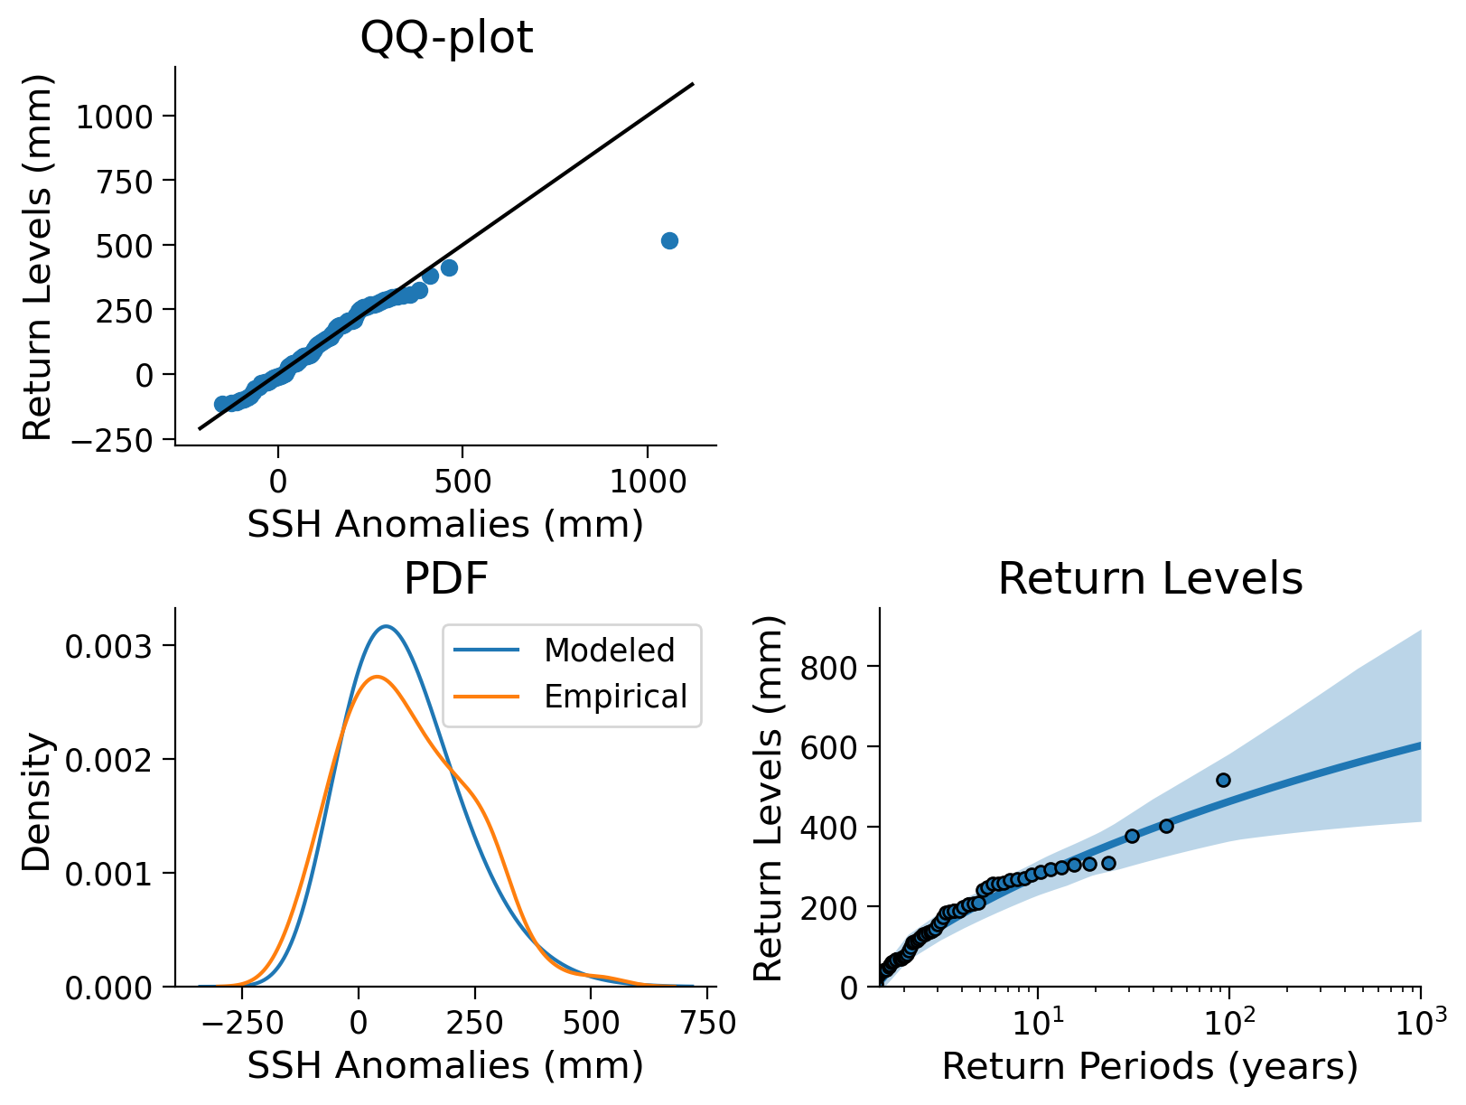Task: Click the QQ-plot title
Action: (446, 37)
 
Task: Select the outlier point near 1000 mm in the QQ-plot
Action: (669, 240)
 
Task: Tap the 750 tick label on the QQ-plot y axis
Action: (125, 182)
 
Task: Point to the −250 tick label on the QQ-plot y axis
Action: (112, 441)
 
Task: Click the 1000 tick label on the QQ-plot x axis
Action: (648, 482)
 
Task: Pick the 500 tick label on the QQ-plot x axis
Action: (462, 482)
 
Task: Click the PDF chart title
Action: (446, 578)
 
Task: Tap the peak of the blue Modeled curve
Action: (386, 627)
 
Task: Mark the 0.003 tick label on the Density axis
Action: (109, 647)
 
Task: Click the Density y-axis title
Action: (36, 802)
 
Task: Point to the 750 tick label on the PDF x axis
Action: (707, 1024)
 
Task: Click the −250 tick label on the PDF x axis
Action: (242, 1024)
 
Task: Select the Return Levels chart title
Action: (1150, 578)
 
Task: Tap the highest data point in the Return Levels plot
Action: (1223, 781)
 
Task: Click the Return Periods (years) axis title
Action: (1150, 1066)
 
